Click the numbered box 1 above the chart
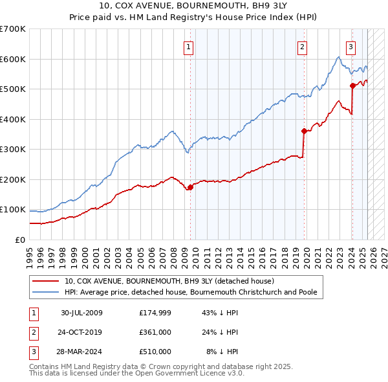coord(188,46)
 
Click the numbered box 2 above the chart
coord(302,46)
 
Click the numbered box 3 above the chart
coord(350,46)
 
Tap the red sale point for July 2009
coord(191,187)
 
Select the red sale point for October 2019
coord(304,131)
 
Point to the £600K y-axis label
coord(13,59)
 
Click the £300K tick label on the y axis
coord(13,149)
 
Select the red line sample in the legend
coord(47,281)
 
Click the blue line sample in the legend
coord(47,292)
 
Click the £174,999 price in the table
coord(155,313)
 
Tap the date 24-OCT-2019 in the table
coord(82,332)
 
